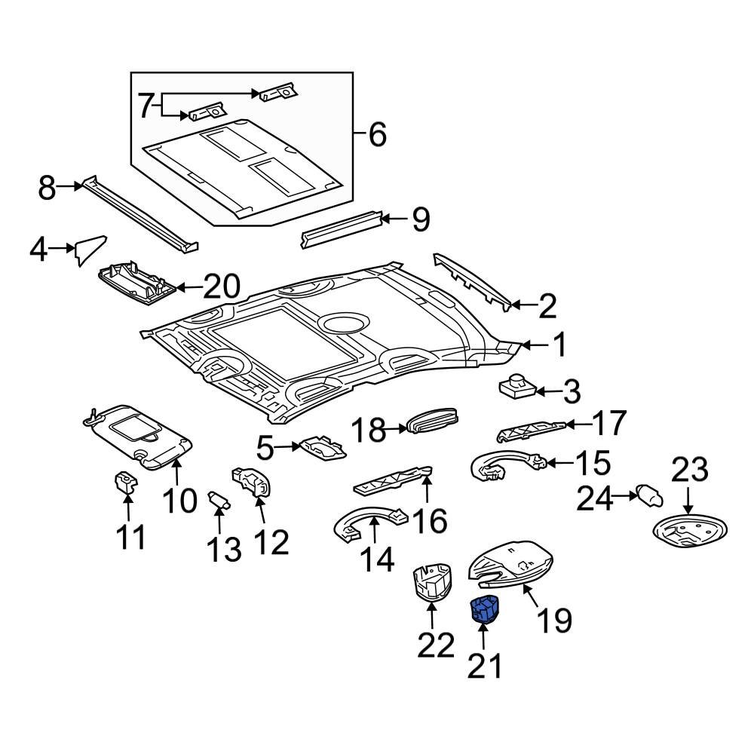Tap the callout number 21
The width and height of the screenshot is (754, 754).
coord(484,666)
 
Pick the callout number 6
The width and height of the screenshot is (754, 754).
coord(375,136)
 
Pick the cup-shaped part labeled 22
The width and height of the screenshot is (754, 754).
coord(431,582)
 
